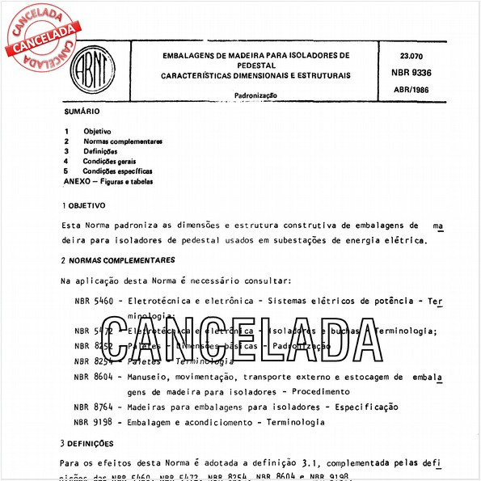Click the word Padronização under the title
pos(255,95)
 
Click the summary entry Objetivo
pos(97,131)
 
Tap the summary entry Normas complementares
pos(123,141)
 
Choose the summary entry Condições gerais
pos(111,161)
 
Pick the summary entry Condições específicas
pos(117,171)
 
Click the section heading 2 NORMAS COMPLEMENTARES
pos(118,260)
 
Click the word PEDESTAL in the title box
pos(255,65)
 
